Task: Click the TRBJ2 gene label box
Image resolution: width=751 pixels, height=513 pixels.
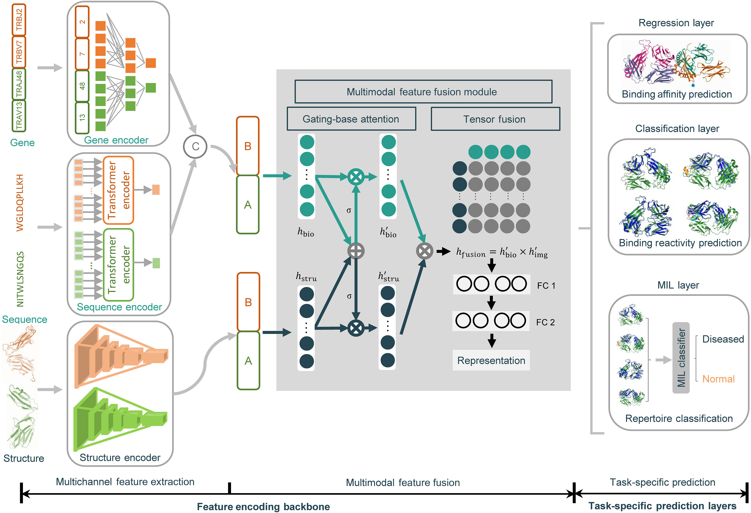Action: point(19,20)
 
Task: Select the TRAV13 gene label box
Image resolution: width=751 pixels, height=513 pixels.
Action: point(19,116)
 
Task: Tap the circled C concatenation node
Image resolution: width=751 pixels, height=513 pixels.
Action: point(195,147)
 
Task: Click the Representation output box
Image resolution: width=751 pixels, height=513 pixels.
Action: point(491,360)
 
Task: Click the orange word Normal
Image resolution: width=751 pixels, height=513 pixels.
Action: point(718,379)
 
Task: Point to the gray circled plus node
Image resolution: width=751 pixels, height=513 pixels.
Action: point(356,251)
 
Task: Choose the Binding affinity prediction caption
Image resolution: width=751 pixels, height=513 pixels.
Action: point(677,94)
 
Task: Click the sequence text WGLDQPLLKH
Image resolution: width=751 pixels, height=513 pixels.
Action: point(20,203)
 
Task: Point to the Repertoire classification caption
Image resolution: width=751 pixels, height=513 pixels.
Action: point(679,418)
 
